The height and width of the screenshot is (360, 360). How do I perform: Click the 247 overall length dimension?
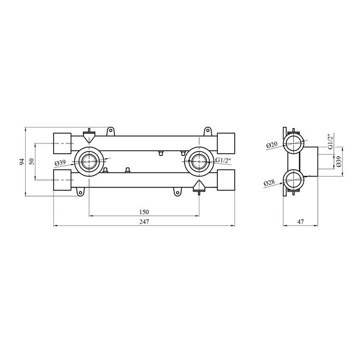coord(143,222)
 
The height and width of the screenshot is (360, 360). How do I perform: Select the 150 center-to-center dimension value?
coord(144,212)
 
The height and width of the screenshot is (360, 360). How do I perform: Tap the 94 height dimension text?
coord(22,162)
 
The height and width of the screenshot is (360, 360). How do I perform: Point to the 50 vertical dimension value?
coord(33,162)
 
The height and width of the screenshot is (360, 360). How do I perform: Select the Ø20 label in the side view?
coord(271,146)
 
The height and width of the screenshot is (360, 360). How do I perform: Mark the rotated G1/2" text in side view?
coord(330,142)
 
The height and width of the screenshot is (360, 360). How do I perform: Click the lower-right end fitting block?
coord(226,181)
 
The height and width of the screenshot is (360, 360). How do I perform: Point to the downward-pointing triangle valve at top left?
coord(89,138)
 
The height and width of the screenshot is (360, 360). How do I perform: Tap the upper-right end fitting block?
coord(226,141)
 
